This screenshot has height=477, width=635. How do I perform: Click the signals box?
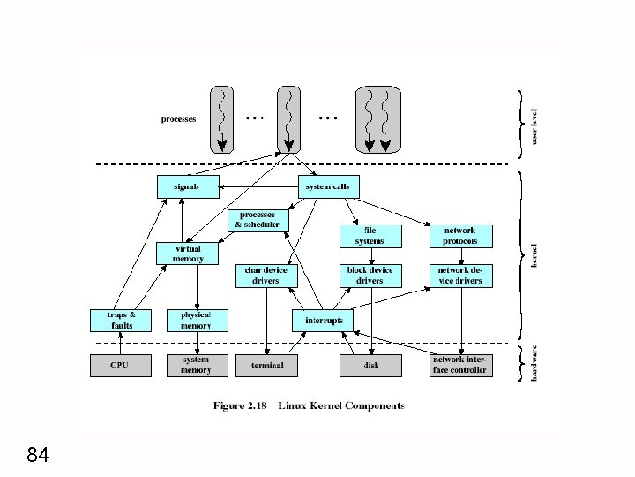pyautogui.click(x=188, y=186)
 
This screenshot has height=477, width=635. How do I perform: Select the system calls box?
pyautogui.click(x=328, y=186)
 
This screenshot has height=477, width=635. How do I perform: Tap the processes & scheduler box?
pyautogui.click(x=258, y=221)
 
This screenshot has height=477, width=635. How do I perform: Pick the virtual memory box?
pyautogui.click(x=187, y=254)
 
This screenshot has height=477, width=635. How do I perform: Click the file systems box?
pyautogui.click(x=370, y=237)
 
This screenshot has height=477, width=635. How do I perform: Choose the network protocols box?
pyautogui.click(x=461, y=237)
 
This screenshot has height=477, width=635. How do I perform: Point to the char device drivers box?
pyautogui.click(x=266, y=276)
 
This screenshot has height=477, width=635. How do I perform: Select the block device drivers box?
pyautogui.click(x=370, y=276)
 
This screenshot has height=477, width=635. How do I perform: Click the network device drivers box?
pyautogui.click(x=461, y=276)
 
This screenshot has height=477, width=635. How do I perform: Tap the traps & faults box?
pyautogui.click(x=121, y=321)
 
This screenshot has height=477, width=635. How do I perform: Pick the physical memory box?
pyautogui.click(x=198, y=321)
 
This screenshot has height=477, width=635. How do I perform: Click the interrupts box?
pyautogui.click(x=323, y=321)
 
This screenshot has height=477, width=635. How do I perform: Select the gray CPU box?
pyautogui.click(x=121, y=366)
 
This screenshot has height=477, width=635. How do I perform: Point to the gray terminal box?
pyautogui.click(x=266, y=366)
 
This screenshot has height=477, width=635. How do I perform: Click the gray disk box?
pyautogui.click(x=370, y=366)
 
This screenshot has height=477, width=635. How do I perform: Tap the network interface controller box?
pyautogui.click(x=461, y=366)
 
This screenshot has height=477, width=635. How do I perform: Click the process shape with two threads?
pyautogui.click(x=378, y=119)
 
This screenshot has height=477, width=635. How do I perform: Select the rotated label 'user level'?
pyautogui.click(x=534, y=126)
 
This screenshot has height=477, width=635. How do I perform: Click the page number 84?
pyautogui.click(x=38, y=455)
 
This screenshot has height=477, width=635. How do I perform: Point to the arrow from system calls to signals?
pyautogui.click(x=258, y=186)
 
